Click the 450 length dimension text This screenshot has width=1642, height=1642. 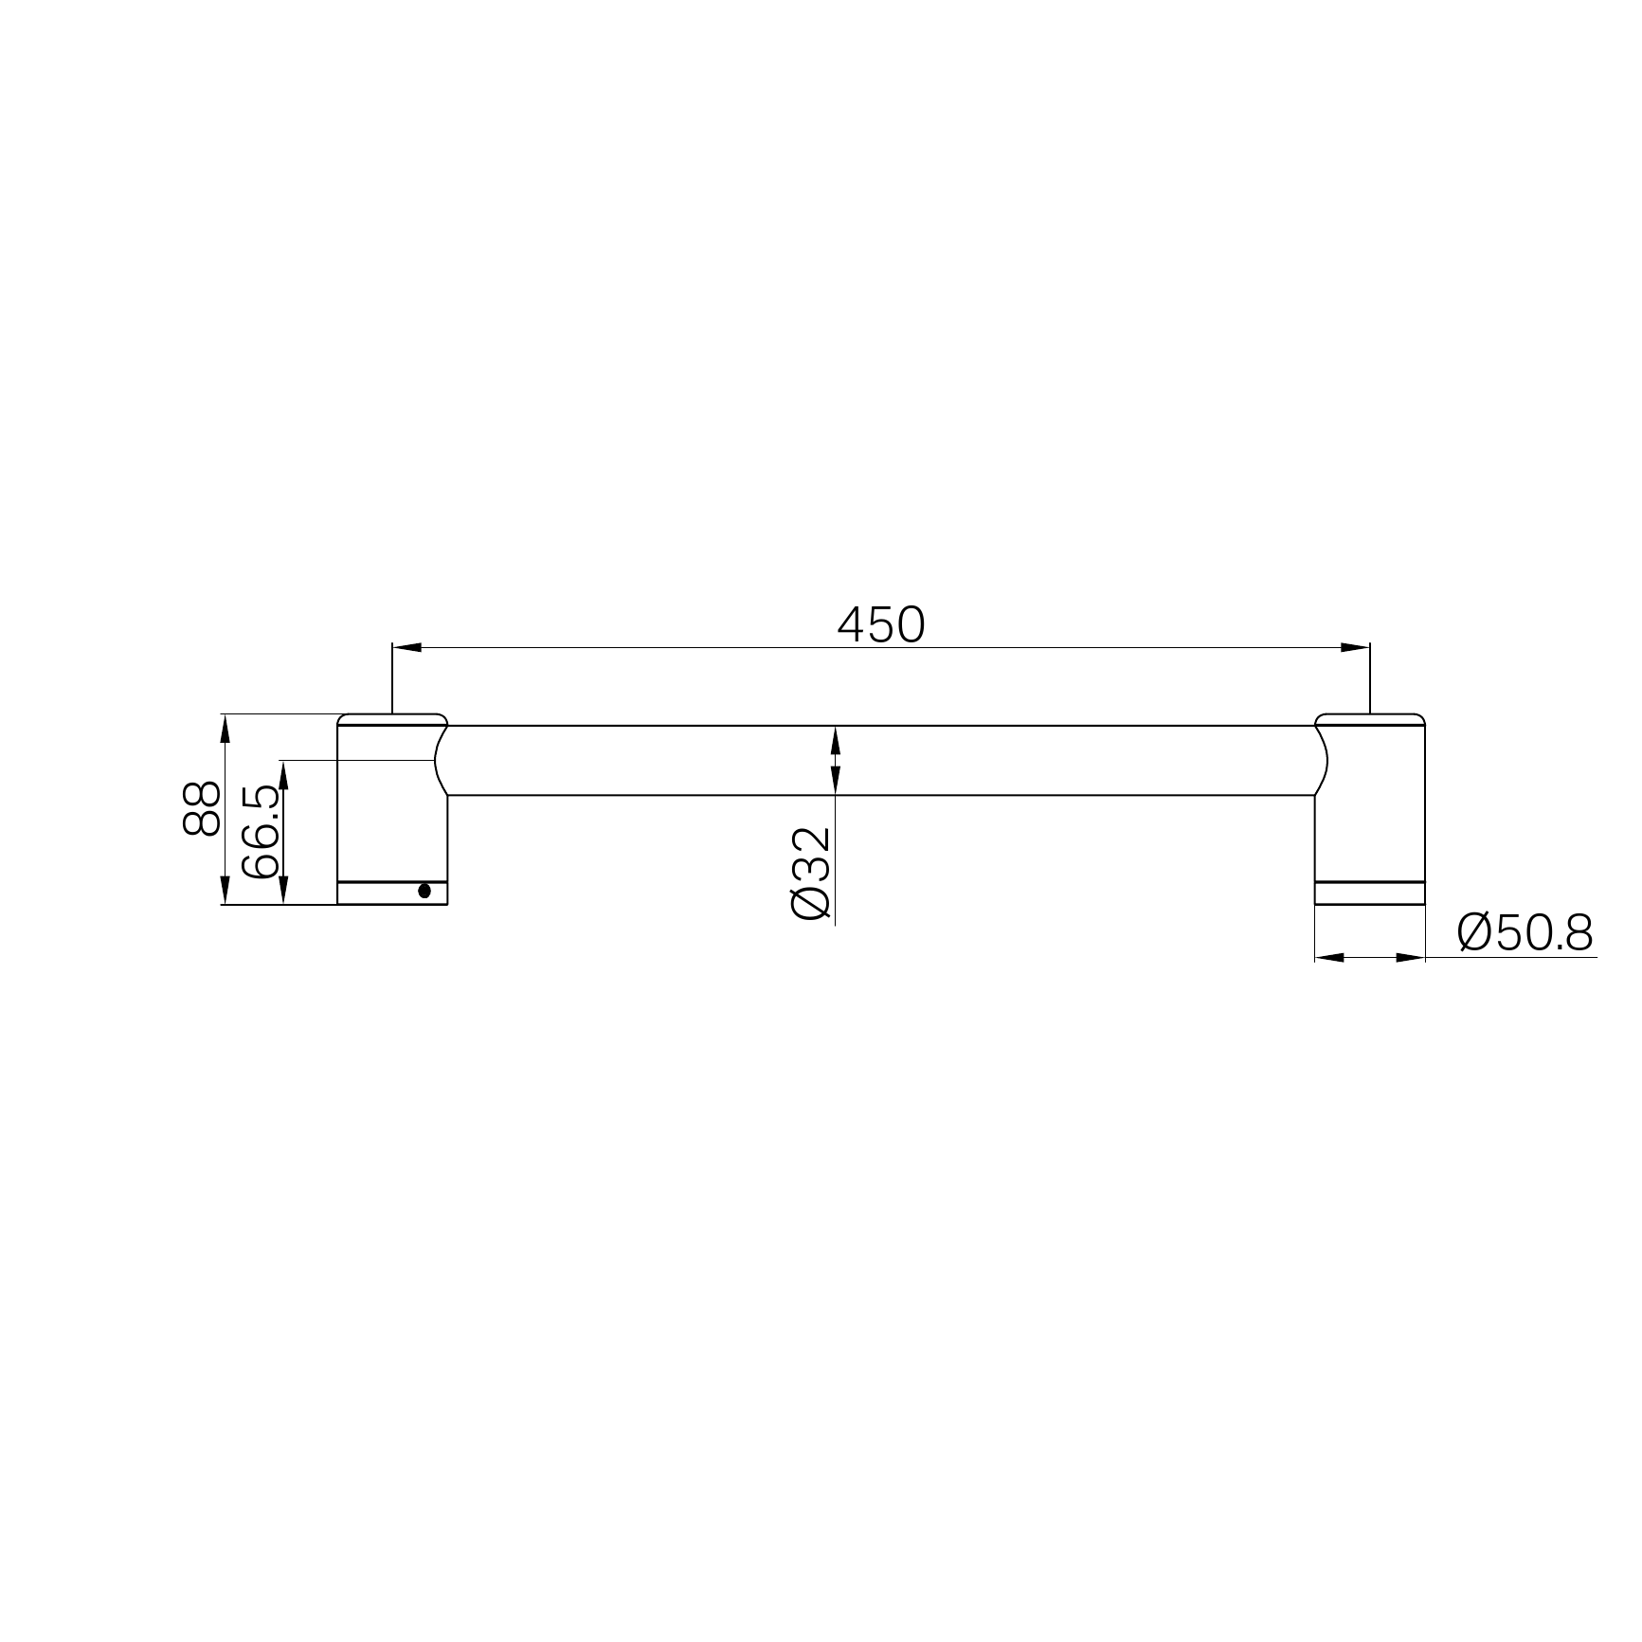tap(881, 624)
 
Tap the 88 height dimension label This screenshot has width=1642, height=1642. tap(201, 808)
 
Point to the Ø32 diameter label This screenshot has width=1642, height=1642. tap(811, 873)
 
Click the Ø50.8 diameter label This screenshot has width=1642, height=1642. tap(1525, 933)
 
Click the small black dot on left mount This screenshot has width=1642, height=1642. tap(424, 891)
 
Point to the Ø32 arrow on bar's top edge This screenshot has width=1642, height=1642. tap(835, 738)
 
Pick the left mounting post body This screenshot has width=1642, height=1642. tap(392, 815)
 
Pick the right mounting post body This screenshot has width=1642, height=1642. tap(1370, 815)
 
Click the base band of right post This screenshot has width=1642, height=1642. tap(1370, 893)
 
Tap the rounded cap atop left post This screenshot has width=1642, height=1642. tap(392, 719)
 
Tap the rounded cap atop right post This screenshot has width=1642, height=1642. tap(1370, 719)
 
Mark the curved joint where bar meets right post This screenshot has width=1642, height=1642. tap(1321, 760)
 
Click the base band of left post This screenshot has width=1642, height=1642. tap(379, 893)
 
